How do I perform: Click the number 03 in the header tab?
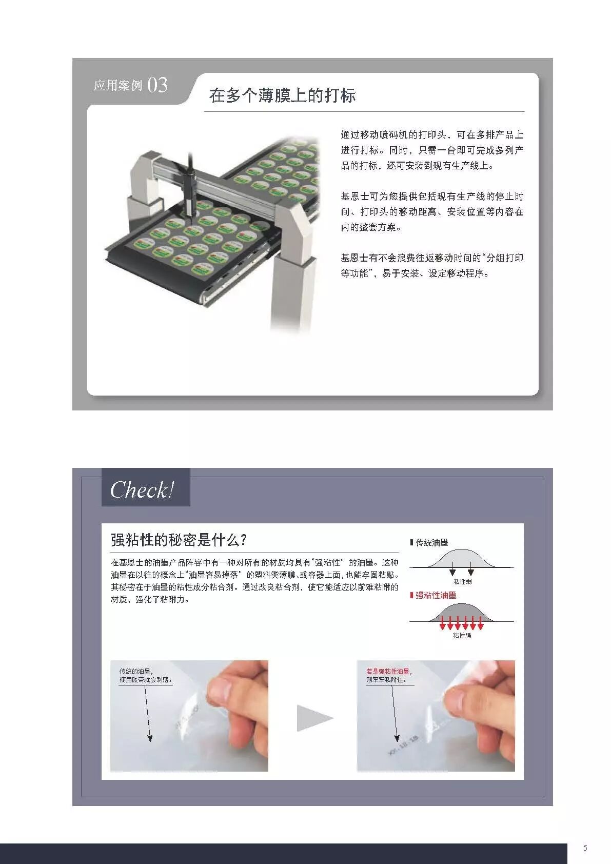tap(157, 85)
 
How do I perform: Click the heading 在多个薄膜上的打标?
tap(282, 95)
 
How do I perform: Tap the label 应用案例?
tap(117, 86)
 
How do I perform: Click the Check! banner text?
tap(142, 489)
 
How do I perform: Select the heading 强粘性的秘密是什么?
tap(179, 540)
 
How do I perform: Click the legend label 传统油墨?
tap(431, 542)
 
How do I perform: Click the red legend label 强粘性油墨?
tap(435, 595)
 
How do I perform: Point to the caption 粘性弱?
tap(462, 581)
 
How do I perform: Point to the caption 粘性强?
tap(462, 635)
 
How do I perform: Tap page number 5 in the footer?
tap(585, 848)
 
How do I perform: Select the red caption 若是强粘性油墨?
tap(388, 671)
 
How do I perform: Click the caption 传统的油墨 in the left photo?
tap(136, 671)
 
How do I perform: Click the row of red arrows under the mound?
tap(462, 623)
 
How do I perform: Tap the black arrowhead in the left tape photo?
tap(150, 738)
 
